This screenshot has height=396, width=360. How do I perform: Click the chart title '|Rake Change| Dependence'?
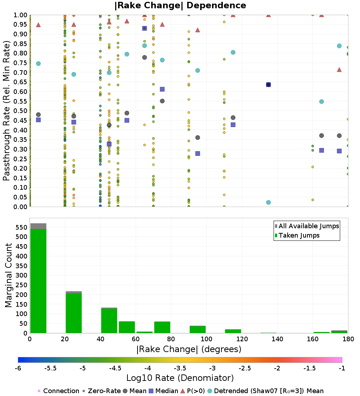point(180,5)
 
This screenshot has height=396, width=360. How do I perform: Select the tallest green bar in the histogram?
point(38,281)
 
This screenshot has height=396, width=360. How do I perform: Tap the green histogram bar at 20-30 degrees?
point(73,313)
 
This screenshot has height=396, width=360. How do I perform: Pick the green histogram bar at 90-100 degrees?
point(197,329)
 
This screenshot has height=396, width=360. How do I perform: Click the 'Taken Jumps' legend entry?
point(299,235)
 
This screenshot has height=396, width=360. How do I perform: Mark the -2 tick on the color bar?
point(277,368)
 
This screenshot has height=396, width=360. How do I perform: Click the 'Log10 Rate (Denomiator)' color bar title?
point(180,378)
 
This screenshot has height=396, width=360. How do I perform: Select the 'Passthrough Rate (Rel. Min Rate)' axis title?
point(7,111)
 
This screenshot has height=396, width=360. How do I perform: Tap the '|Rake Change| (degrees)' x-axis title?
point(189,349)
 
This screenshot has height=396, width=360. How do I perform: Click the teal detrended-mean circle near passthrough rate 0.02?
point(268,202)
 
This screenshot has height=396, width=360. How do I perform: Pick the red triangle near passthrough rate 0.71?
point(339,69)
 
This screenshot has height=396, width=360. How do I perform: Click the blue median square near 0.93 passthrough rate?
point(144,28)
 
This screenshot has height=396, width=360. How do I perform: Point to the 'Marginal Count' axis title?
point(8,275)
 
